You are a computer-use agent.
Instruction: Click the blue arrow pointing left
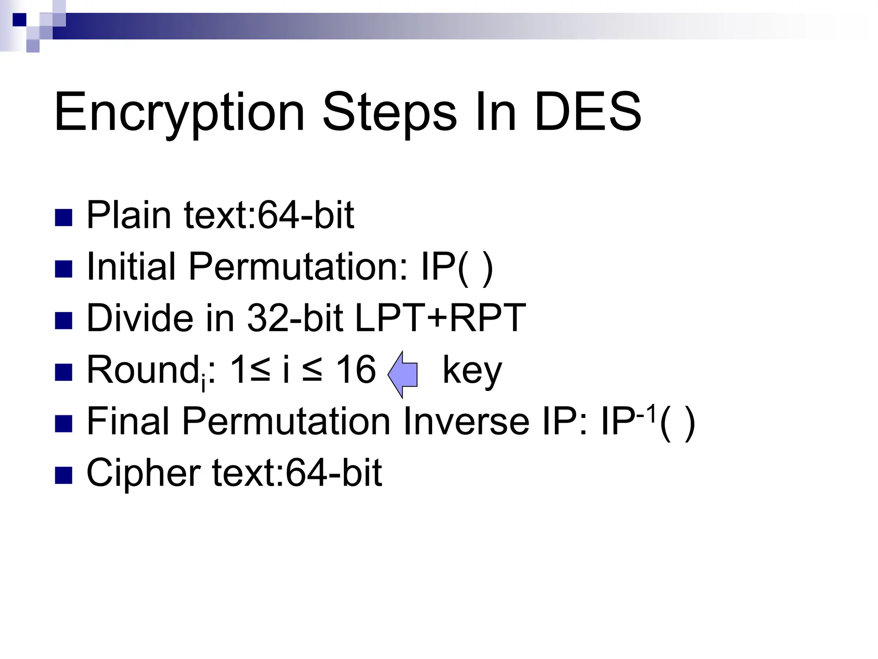pos(403,374)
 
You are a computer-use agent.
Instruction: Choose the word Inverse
pos(466,421)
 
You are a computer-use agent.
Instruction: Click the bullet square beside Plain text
pos(64,218)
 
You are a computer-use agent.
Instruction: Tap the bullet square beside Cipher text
pos(64,475)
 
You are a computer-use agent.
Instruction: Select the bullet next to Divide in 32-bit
pos(64,320)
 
